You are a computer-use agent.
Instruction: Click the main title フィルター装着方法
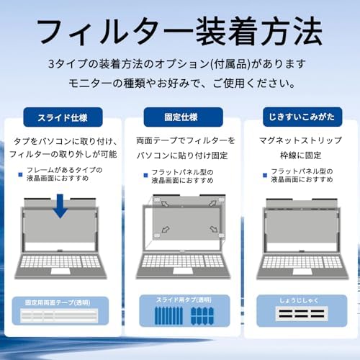[x=179, y=31]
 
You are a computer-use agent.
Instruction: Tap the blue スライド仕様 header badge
[x=63, y=117]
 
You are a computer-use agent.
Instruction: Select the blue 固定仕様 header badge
[x=184, y=117]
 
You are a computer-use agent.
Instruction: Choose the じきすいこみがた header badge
[x=302, y=117]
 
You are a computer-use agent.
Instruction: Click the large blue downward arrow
[x=60, y=206]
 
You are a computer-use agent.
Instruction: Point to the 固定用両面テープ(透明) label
[x=58, y=302]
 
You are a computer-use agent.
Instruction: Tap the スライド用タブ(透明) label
[x=184, y=300]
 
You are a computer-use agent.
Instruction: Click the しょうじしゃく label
[x=299, y=300]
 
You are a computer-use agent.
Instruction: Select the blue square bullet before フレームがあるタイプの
[x=20, y=174]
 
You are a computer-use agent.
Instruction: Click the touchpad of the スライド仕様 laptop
[x=60, y=271]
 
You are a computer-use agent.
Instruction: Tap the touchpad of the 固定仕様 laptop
[x=183, y=271]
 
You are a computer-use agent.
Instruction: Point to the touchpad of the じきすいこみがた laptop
[x=302, y=271]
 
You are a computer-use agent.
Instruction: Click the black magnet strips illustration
[x=302, y=313]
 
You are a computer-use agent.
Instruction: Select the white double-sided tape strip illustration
[x=59, y=315]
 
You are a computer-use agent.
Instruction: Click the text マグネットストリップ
[x=300, y=140]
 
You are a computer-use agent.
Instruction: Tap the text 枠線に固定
[x=301, y=156]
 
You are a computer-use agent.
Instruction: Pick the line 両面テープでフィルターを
[x=185, y=140]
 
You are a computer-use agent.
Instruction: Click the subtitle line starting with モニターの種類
[x=181, y=83]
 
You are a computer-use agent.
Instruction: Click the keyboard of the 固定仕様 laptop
[x=183, y=261]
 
